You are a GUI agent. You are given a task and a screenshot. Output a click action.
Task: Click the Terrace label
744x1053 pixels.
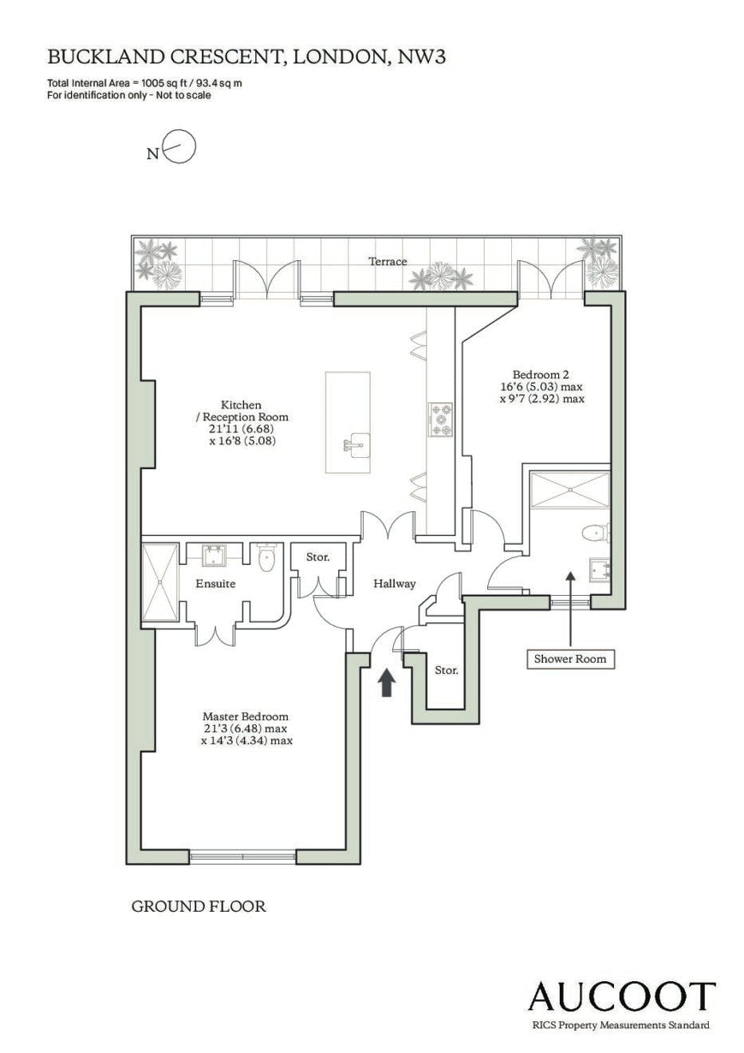pos(388,262)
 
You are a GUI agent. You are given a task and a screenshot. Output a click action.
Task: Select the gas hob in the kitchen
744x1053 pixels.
pos(440,420)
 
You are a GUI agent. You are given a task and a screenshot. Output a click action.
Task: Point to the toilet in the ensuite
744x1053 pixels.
pos(267,558)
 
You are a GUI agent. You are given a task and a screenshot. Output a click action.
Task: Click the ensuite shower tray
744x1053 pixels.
pos(160,582)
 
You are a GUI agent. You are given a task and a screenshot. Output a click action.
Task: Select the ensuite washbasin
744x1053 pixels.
pos(214,554)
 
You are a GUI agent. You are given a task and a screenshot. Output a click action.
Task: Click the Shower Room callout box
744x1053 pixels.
pos(570,659)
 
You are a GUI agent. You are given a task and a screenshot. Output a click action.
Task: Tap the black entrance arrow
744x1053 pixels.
pos(386,683)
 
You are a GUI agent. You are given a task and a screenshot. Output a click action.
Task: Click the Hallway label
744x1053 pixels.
pos(394,584)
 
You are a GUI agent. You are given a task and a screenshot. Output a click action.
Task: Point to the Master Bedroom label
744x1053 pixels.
pos(246,717)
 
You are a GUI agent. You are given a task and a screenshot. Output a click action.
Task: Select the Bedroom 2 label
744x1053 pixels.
pos(541,375)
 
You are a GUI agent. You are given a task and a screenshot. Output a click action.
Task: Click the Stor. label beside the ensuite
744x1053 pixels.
pos(317,557)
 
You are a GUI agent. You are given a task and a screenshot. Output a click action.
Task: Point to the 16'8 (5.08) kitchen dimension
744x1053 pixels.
pos(242,441)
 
